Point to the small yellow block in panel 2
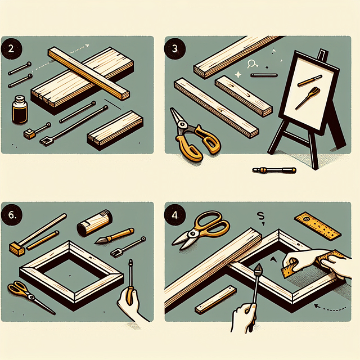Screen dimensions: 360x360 coord(28,134)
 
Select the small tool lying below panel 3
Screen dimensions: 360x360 coord(274,169)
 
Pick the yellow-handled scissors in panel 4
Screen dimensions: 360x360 coord(202,227)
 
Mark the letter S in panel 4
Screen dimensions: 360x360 coord(260,214)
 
